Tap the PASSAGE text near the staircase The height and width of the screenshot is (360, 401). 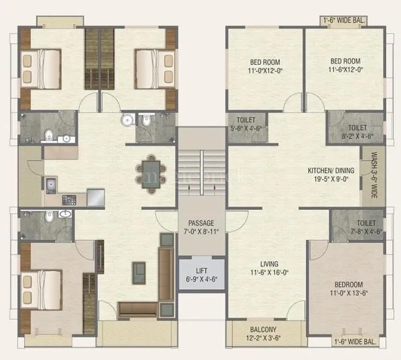[201, 223]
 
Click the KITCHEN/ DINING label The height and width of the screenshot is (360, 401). [331, 170]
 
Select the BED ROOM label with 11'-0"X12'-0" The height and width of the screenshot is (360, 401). [264, 62]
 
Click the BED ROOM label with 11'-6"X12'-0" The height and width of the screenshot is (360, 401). [345, 61]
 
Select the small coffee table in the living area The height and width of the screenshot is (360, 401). [140, 272]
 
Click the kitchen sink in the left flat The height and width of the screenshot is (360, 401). [50, 184]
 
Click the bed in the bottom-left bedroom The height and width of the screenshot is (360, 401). [43, 286]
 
